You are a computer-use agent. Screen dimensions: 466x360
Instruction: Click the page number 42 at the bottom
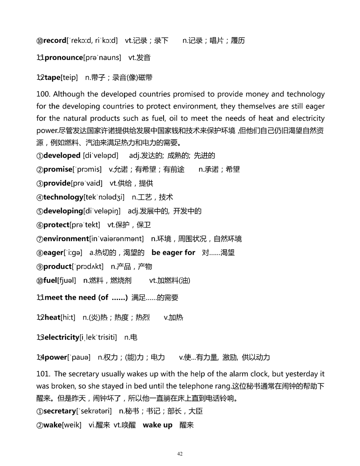pyautogui.click(x=180, y=454)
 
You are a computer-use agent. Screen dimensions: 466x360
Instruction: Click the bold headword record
pyautogui.click(x=55, y=41)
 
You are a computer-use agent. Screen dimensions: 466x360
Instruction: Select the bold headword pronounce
pyautogui.click(x=64, y=58)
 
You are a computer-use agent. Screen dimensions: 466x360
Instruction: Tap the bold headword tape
pyautogui.click(x=52, y=78)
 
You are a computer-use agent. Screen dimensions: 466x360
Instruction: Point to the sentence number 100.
pyautogui.click(x=43, y=94)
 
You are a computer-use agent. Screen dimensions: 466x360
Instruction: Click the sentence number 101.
pyautogui.click(x=43, y=374)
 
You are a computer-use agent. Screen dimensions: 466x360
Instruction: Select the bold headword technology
pyautogui.click(x=63, y=197)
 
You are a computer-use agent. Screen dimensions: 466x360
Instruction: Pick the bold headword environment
pyautogui.click(x=66, y=239)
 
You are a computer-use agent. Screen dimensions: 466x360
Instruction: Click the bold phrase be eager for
pyautogui.click(x=173, y=253)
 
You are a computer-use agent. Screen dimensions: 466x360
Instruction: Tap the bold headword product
pyautogui.click(x=57, y=267)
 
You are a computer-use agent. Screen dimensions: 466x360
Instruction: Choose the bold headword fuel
pyautogui.click(x=50, y=281)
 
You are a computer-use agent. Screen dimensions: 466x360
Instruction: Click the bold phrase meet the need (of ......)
pyautogui.click(x=86, y=298)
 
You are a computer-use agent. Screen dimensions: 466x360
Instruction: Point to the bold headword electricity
pyautogui.click(x=62, y=338)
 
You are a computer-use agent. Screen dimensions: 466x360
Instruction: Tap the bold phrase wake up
pyautogui.click(x=158, y=425)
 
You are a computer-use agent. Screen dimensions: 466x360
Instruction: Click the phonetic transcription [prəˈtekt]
pyautogui.click(x=85, y=225)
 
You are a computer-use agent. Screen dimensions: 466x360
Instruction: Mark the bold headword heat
pyautogui.click(x=52, y=318)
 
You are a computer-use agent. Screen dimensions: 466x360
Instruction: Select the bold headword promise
pyautogui.click(x=58, y=169)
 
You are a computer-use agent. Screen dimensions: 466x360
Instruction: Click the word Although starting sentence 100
pyautogui.click(x=69, y=94)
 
